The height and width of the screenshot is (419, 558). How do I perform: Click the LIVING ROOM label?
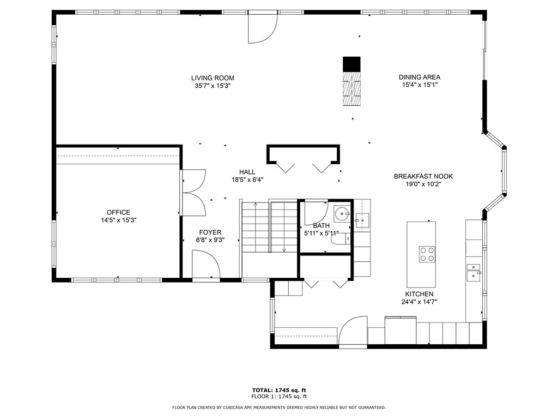point(213,78)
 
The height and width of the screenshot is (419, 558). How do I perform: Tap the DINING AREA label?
point(420,77)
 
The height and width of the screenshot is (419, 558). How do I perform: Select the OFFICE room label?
point(118,212)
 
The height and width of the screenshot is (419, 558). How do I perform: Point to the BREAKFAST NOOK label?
point(423,176)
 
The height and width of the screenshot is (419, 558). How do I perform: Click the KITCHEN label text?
point(419,294)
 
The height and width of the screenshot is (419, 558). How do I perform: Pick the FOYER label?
point(210,232)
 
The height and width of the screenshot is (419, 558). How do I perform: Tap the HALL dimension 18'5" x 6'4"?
point(247,180)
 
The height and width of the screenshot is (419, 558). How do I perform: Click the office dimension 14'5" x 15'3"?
point(118,220)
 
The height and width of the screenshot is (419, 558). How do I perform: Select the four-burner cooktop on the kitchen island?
point(427,254)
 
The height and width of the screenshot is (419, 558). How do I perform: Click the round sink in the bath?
point(342,214)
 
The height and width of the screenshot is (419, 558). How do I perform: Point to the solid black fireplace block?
point(351,64)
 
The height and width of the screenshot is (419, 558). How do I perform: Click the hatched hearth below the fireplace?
point(351,88)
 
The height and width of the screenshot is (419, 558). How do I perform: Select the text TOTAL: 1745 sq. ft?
point(279,390)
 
